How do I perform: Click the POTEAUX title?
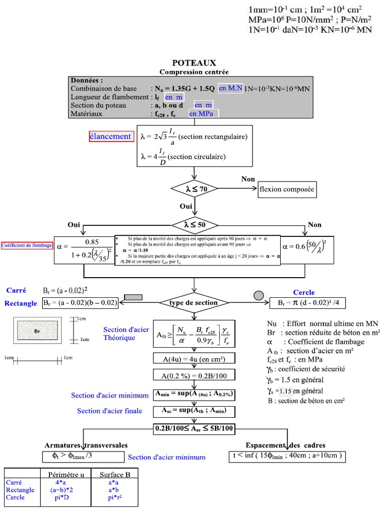click(x=194, y=63)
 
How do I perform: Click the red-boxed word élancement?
click(x=111, y=136)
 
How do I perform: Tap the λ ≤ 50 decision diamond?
click(x=195, y=224)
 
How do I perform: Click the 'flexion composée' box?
click(x=286, y=189)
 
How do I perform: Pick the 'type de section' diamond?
click(x=194, y=303)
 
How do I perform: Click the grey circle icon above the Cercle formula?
click(x=259, y=295)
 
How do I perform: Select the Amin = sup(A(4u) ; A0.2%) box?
click(x=194, y=394)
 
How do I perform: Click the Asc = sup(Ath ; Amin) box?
click(x=194, y=411)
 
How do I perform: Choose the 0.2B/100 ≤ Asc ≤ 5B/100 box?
click(x=194, y=428)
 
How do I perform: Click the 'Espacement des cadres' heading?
click(x=285, y=445)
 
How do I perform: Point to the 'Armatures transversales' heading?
click(x=86, y=445)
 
